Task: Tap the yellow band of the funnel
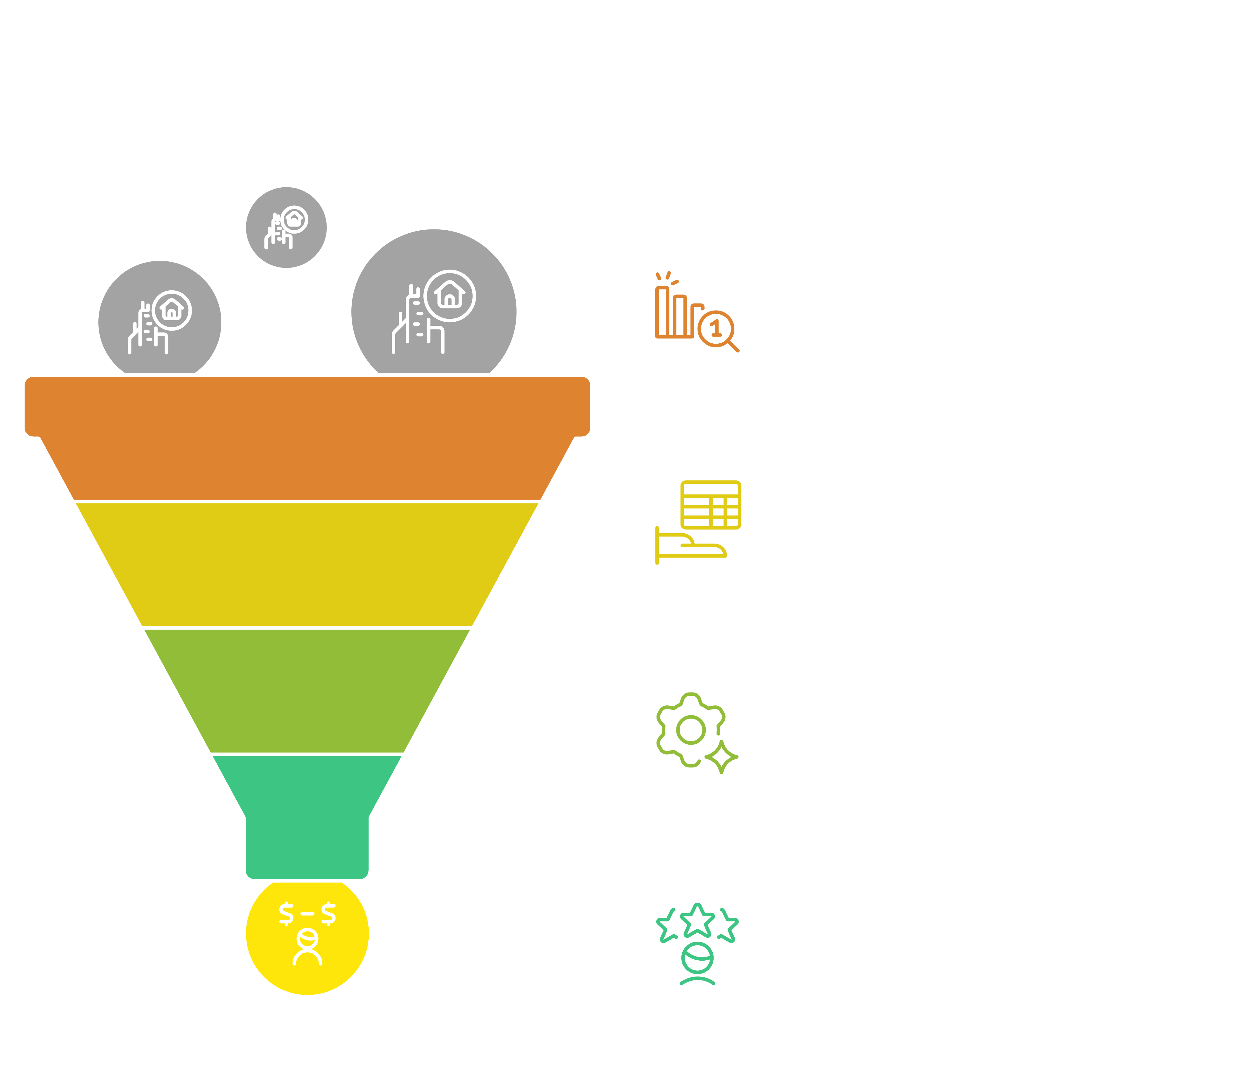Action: (307, 564)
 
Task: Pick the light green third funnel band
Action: (307, 690)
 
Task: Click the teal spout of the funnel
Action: (307, 819)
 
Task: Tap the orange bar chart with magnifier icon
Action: (696, 313)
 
